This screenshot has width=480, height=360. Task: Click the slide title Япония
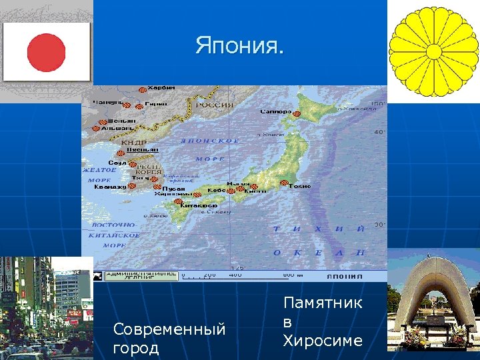coord(239,46)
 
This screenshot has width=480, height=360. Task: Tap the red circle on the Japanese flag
coord(47,53)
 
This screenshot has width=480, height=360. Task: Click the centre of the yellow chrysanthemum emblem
coord(433,51)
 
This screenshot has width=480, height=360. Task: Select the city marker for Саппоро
coord(296,114)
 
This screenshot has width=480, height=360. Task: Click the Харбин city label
coord(161,87)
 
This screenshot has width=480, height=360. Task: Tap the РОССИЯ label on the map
coord(214,105)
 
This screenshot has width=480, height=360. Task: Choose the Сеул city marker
coord(133,163)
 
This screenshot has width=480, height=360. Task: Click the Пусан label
coord(173,189)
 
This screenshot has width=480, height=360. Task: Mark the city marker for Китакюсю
coord(177,201)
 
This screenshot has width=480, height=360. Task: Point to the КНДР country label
coord(129,142)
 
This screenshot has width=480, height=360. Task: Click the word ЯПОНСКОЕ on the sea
coord(210,141)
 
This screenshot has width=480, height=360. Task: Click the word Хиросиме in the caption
coord(323,341)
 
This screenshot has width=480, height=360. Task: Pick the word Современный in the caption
coord(169,329)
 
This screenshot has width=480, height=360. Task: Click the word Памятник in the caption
coord(323,303)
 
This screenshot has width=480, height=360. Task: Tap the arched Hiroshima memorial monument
coord(433,287)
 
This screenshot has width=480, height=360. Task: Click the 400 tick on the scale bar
coord(235,275)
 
